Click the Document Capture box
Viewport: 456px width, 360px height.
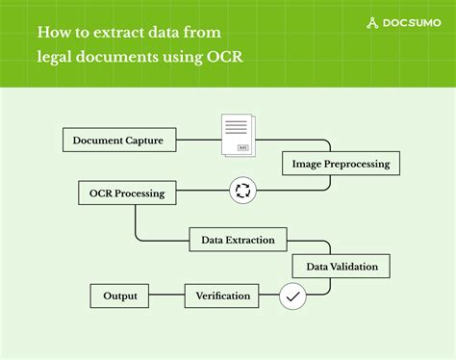click(125, 141)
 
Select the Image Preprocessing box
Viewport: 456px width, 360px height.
click(342, 164)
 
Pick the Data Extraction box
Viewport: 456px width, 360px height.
click(238, 240)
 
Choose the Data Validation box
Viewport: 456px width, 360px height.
click(342, 266)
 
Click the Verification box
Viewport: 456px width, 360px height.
click(223, 296)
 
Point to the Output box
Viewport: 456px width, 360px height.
click(120, 296)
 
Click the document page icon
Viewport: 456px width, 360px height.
click(241, 134)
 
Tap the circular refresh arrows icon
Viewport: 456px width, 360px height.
click(241, 191)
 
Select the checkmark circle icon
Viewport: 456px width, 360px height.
click(292, 296)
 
